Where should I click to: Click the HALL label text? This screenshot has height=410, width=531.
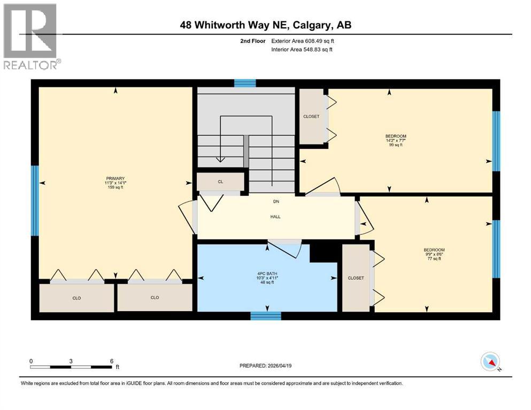(x=275, y=216)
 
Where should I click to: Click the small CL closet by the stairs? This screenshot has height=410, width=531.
(x=220, y=182)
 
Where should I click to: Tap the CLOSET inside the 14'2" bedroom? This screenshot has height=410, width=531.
(x=311, y=116)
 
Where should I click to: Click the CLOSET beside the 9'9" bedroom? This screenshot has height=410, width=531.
(x=356, y=278)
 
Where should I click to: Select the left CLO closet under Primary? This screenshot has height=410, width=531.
(x=76, y=298)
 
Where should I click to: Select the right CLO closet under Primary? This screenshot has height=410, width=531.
(x=155, y=298)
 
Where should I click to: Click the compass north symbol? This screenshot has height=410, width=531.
(x=490, y=362)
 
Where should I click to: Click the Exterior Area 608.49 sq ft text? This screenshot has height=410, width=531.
(x=303, y=41)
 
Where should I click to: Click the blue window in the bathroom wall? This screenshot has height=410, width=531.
(x=266, y=316)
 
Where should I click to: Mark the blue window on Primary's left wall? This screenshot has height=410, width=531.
(x=35, y=200)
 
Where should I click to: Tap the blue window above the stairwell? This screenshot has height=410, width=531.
(x=245, y=83)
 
